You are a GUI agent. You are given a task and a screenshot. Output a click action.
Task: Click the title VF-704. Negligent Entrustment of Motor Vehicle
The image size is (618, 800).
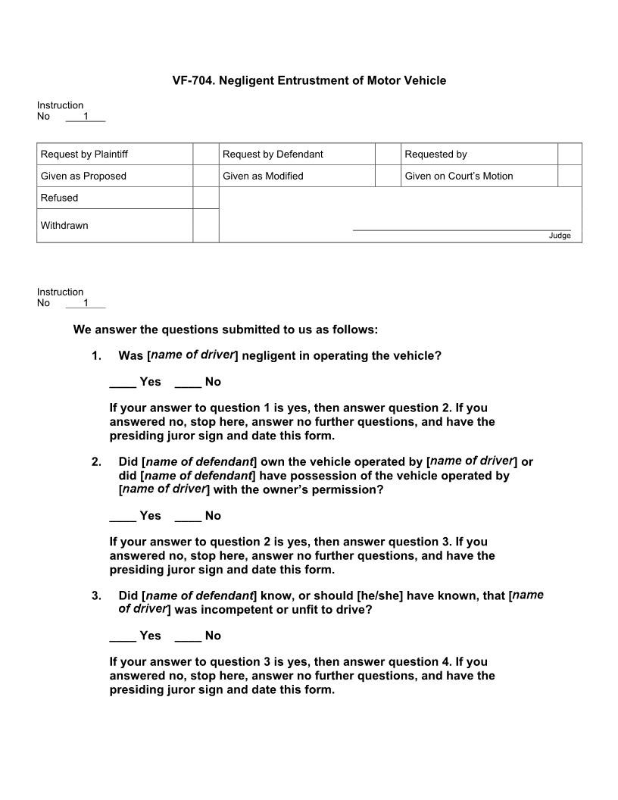pos(309,80)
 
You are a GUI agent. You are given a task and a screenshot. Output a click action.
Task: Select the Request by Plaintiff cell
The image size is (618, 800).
pos(84,155)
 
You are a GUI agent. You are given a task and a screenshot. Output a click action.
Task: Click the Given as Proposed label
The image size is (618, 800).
pos(83,177)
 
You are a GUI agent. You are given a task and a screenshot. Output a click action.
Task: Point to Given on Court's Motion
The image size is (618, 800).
pos(458,177)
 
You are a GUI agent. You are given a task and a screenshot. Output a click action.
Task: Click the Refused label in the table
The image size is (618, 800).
pos(59,198)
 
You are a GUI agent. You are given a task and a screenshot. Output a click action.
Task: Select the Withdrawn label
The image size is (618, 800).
pos(64,226)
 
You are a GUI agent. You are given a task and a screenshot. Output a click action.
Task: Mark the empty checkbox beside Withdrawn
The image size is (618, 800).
pos(205,226)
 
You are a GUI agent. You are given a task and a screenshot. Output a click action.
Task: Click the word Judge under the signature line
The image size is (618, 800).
pos(560,236)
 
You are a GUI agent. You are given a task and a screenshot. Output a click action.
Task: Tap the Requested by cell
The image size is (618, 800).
pos(435,155)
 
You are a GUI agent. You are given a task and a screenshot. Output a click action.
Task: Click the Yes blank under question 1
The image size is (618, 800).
pos(123,383)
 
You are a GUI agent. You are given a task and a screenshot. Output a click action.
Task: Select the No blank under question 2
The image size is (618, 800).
pos(188,517)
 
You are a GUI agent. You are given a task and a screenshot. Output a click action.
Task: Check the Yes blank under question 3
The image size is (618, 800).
pos(123,636)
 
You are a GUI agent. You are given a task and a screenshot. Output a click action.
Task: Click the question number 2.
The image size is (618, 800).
pos(96,461)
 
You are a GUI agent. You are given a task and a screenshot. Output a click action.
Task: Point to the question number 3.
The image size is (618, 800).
pos(96,596)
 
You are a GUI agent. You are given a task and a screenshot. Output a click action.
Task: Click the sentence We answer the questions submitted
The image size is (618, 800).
pos(225,330)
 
